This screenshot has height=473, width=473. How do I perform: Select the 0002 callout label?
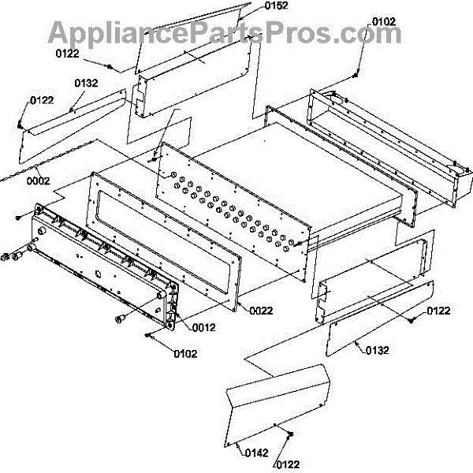click(x=38, y=181)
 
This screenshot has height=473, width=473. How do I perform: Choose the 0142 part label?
click(x=257, y=452)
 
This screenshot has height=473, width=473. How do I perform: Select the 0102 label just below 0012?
click(x=187, y=353)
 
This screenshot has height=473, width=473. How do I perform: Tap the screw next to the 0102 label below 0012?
click(x=148, y=335)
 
